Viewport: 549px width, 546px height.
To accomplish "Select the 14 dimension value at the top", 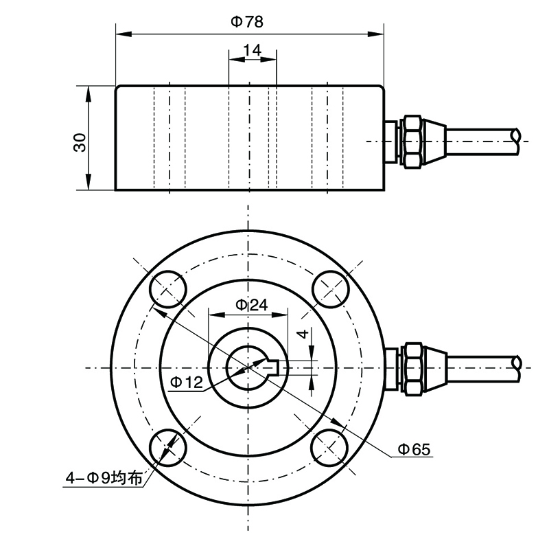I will click(252, 49).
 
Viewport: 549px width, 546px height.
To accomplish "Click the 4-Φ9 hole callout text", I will click(104, 479).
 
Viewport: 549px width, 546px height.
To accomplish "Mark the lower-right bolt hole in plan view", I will click(329, 448).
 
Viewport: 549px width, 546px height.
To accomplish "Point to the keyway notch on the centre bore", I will click(272, 367).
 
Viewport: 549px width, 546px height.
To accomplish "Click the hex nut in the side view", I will click(411, 141).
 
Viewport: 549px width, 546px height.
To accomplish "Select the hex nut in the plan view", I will click(412, 367).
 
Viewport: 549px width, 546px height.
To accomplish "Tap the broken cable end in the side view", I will click(515, 141).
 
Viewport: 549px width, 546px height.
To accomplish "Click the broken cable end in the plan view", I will click(515, 367).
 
